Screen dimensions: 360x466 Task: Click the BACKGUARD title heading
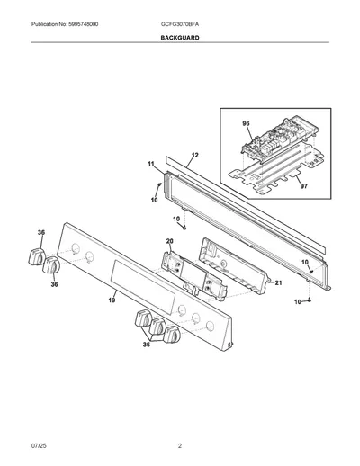point(180,38)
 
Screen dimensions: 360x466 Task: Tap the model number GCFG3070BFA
point(180,24)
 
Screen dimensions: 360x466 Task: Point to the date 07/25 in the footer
point(39,446)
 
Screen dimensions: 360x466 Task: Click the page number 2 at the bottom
point(180,446)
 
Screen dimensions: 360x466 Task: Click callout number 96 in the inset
point(246,123)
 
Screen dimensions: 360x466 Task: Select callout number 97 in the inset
point(304,186)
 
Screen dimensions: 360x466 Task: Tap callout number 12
point(194,155)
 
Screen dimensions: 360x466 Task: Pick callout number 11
point(151,164)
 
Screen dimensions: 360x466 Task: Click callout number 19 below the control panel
point(112,300)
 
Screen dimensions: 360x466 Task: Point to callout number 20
point(169,241)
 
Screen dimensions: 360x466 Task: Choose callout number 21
point(278,282)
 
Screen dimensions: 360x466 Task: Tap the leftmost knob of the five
point(37,256)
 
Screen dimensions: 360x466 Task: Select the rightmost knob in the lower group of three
point(172,335)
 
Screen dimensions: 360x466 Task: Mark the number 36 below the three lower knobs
point(146,345)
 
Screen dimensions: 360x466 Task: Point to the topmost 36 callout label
point(41,232)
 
